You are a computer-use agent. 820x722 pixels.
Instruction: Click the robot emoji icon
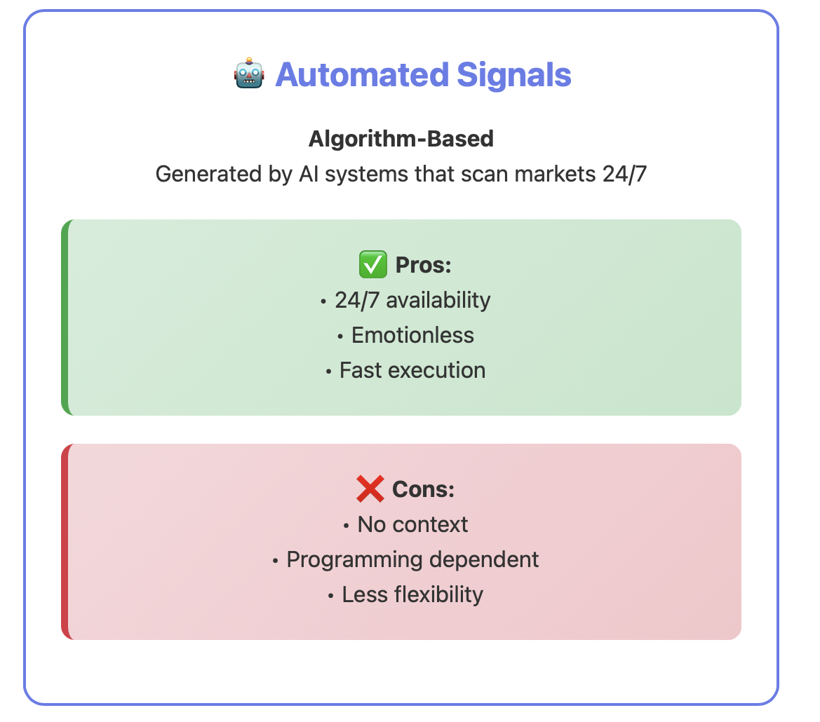249,73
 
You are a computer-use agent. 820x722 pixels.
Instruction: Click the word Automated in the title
362,74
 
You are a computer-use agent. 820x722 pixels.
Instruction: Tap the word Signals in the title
514,75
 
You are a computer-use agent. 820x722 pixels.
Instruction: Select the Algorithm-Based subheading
401,139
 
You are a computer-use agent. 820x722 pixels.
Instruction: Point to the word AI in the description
309,174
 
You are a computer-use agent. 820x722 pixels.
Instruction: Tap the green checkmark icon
373,264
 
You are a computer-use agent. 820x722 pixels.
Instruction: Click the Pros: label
423,265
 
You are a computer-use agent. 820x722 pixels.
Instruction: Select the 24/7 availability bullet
406,301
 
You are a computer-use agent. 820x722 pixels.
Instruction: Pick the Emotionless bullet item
406,335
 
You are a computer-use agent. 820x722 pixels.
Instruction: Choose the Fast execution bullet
406,370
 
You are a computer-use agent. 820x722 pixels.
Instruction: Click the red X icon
370,489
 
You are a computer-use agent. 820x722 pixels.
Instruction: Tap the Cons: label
423,489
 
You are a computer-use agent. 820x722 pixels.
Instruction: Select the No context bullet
406,524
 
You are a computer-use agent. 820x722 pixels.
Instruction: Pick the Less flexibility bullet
406,594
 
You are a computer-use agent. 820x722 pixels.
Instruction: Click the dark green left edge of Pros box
65,317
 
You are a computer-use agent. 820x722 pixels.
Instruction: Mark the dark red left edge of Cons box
65,542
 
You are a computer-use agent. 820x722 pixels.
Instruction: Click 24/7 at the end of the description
624,174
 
